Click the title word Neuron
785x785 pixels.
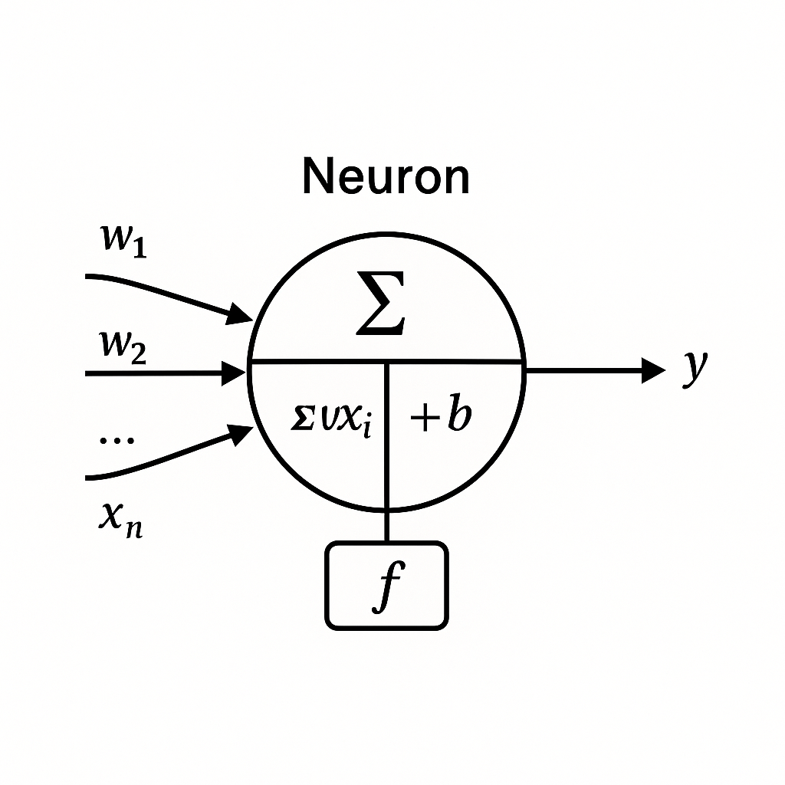pyautogui.click(x=386, y=177)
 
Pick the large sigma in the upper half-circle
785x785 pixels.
pyautogui.click(x=380, y=311)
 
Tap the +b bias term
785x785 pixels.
pyautogui.click(x=440, y=418)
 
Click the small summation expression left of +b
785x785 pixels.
pyautogui.click(x=331, y=420)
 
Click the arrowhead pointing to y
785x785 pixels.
pyautogui.click(x=653, y=371)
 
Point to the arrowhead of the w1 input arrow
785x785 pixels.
pyautogui.click(x=241, y=313)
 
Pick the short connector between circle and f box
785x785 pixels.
pyautogui.click(x=387, y=527)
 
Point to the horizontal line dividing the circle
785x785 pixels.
pyautogui.click(x=322, y=361)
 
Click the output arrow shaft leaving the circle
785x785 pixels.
pyautogui.click(x=583, y=371)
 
